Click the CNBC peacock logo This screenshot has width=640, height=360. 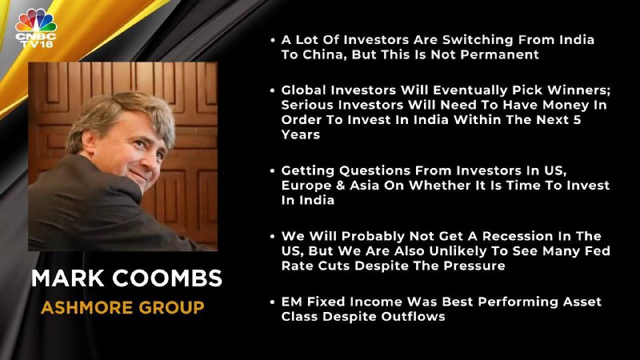tap(36, 21)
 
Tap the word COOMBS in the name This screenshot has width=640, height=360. tap(167, 278)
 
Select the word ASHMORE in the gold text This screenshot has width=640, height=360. tap(87, 307)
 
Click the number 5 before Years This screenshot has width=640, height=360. tap(577, 120)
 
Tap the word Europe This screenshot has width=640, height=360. tap(306, 186)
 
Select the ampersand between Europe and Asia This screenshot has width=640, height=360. tap(341, 186)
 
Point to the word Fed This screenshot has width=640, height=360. tap(598, 251)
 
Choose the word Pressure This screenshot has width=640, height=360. tap(474, 266)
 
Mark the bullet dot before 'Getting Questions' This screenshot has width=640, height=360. tap(273, 170)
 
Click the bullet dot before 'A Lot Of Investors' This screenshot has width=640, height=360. tap(273, 40)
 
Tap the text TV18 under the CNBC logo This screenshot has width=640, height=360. tap(36, 43)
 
